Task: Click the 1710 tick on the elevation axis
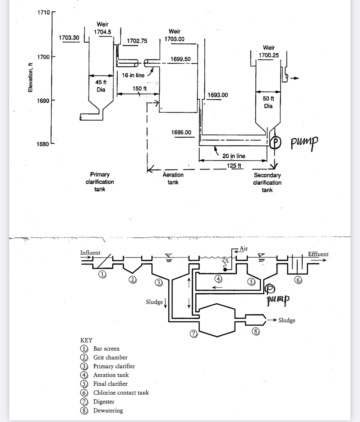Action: pyautogui.click(x=44, y=13)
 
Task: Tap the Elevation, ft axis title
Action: pyautogui.click(x=30, y=77)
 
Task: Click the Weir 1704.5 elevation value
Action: pyautogui.click(x=102, y=32)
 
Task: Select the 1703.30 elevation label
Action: pyautogui.click(x=69, y=38)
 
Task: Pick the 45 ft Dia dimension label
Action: pyautogui.click(x=101, y=86)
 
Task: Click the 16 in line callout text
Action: pyautogui.click(x=133, y=75)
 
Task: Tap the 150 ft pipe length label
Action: pyautogui.click(x=139, y=89)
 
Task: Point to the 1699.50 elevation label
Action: pyautogui.click(x=180, y=59)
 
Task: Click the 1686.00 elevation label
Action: pyautogui.click(x=181, y=133)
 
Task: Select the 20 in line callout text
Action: pyautogui.click(x=234, y=156)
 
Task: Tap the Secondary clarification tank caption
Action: pyautogui.click(x=267, y=182)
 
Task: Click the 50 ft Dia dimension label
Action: pyautogui.click(x=268, y=102)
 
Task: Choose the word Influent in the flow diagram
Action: pyautogui.click(x=90, y=253)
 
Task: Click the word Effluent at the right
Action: pyautogui.click(x=318, y=254)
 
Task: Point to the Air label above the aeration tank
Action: pyautogui.click(x=244, y=248)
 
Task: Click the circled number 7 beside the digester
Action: pyautogui.click(x=193, y=333)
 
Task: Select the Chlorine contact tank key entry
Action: pyautogui.click(x=121, y=392)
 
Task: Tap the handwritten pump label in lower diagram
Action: pyautogui.click(x=278, y=298)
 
